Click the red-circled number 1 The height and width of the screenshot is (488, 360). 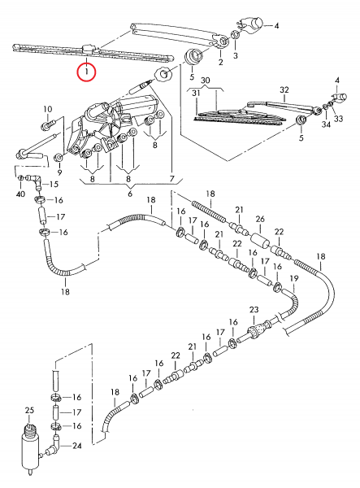87,72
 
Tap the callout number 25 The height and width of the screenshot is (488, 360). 29,411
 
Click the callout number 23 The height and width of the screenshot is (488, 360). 254,310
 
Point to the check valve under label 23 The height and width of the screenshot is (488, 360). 258,329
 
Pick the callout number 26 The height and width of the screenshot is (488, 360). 260,219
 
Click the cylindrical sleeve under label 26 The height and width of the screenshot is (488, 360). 259,241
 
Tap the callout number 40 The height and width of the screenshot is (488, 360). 20,194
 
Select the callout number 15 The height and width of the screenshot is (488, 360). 54,185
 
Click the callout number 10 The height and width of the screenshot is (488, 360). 48,109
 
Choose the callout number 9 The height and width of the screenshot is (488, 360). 59,172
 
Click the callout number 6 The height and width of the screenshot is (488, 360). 130,194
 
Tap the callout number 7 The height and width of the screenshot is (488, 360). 172,179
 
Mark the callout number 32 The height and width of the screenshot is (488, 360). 284,90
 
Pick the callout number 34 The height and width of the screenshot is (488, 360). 326,124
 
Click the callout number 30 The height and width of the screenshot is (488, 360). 205,81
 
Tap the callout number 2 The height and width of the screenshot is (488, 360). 220,62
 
